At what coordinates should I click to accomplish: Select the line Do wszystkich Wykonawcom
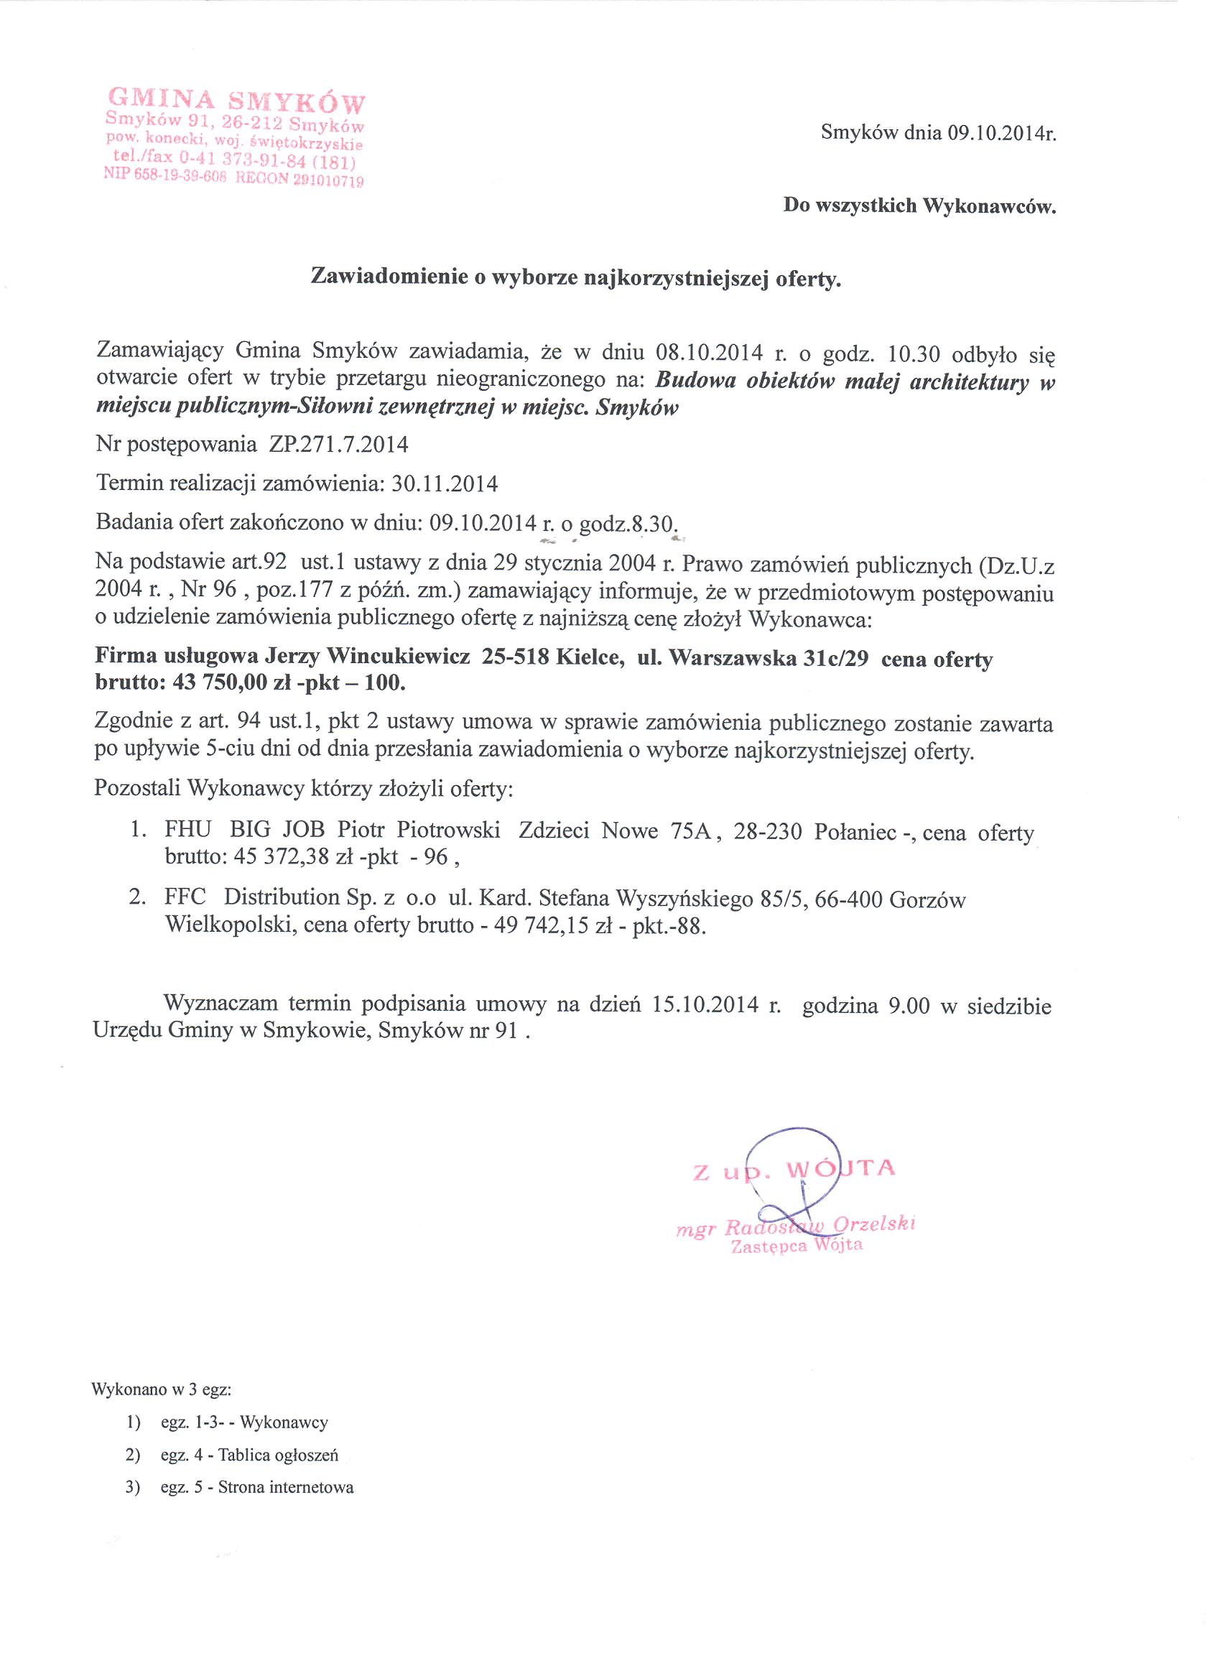[919, 205]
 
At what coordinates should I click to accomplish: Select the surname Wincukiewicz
[399, 657]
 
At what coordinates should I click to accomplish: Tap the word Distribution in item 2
[282, 897]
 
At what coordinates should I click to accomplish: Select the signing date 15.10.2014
[705, 1004]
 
